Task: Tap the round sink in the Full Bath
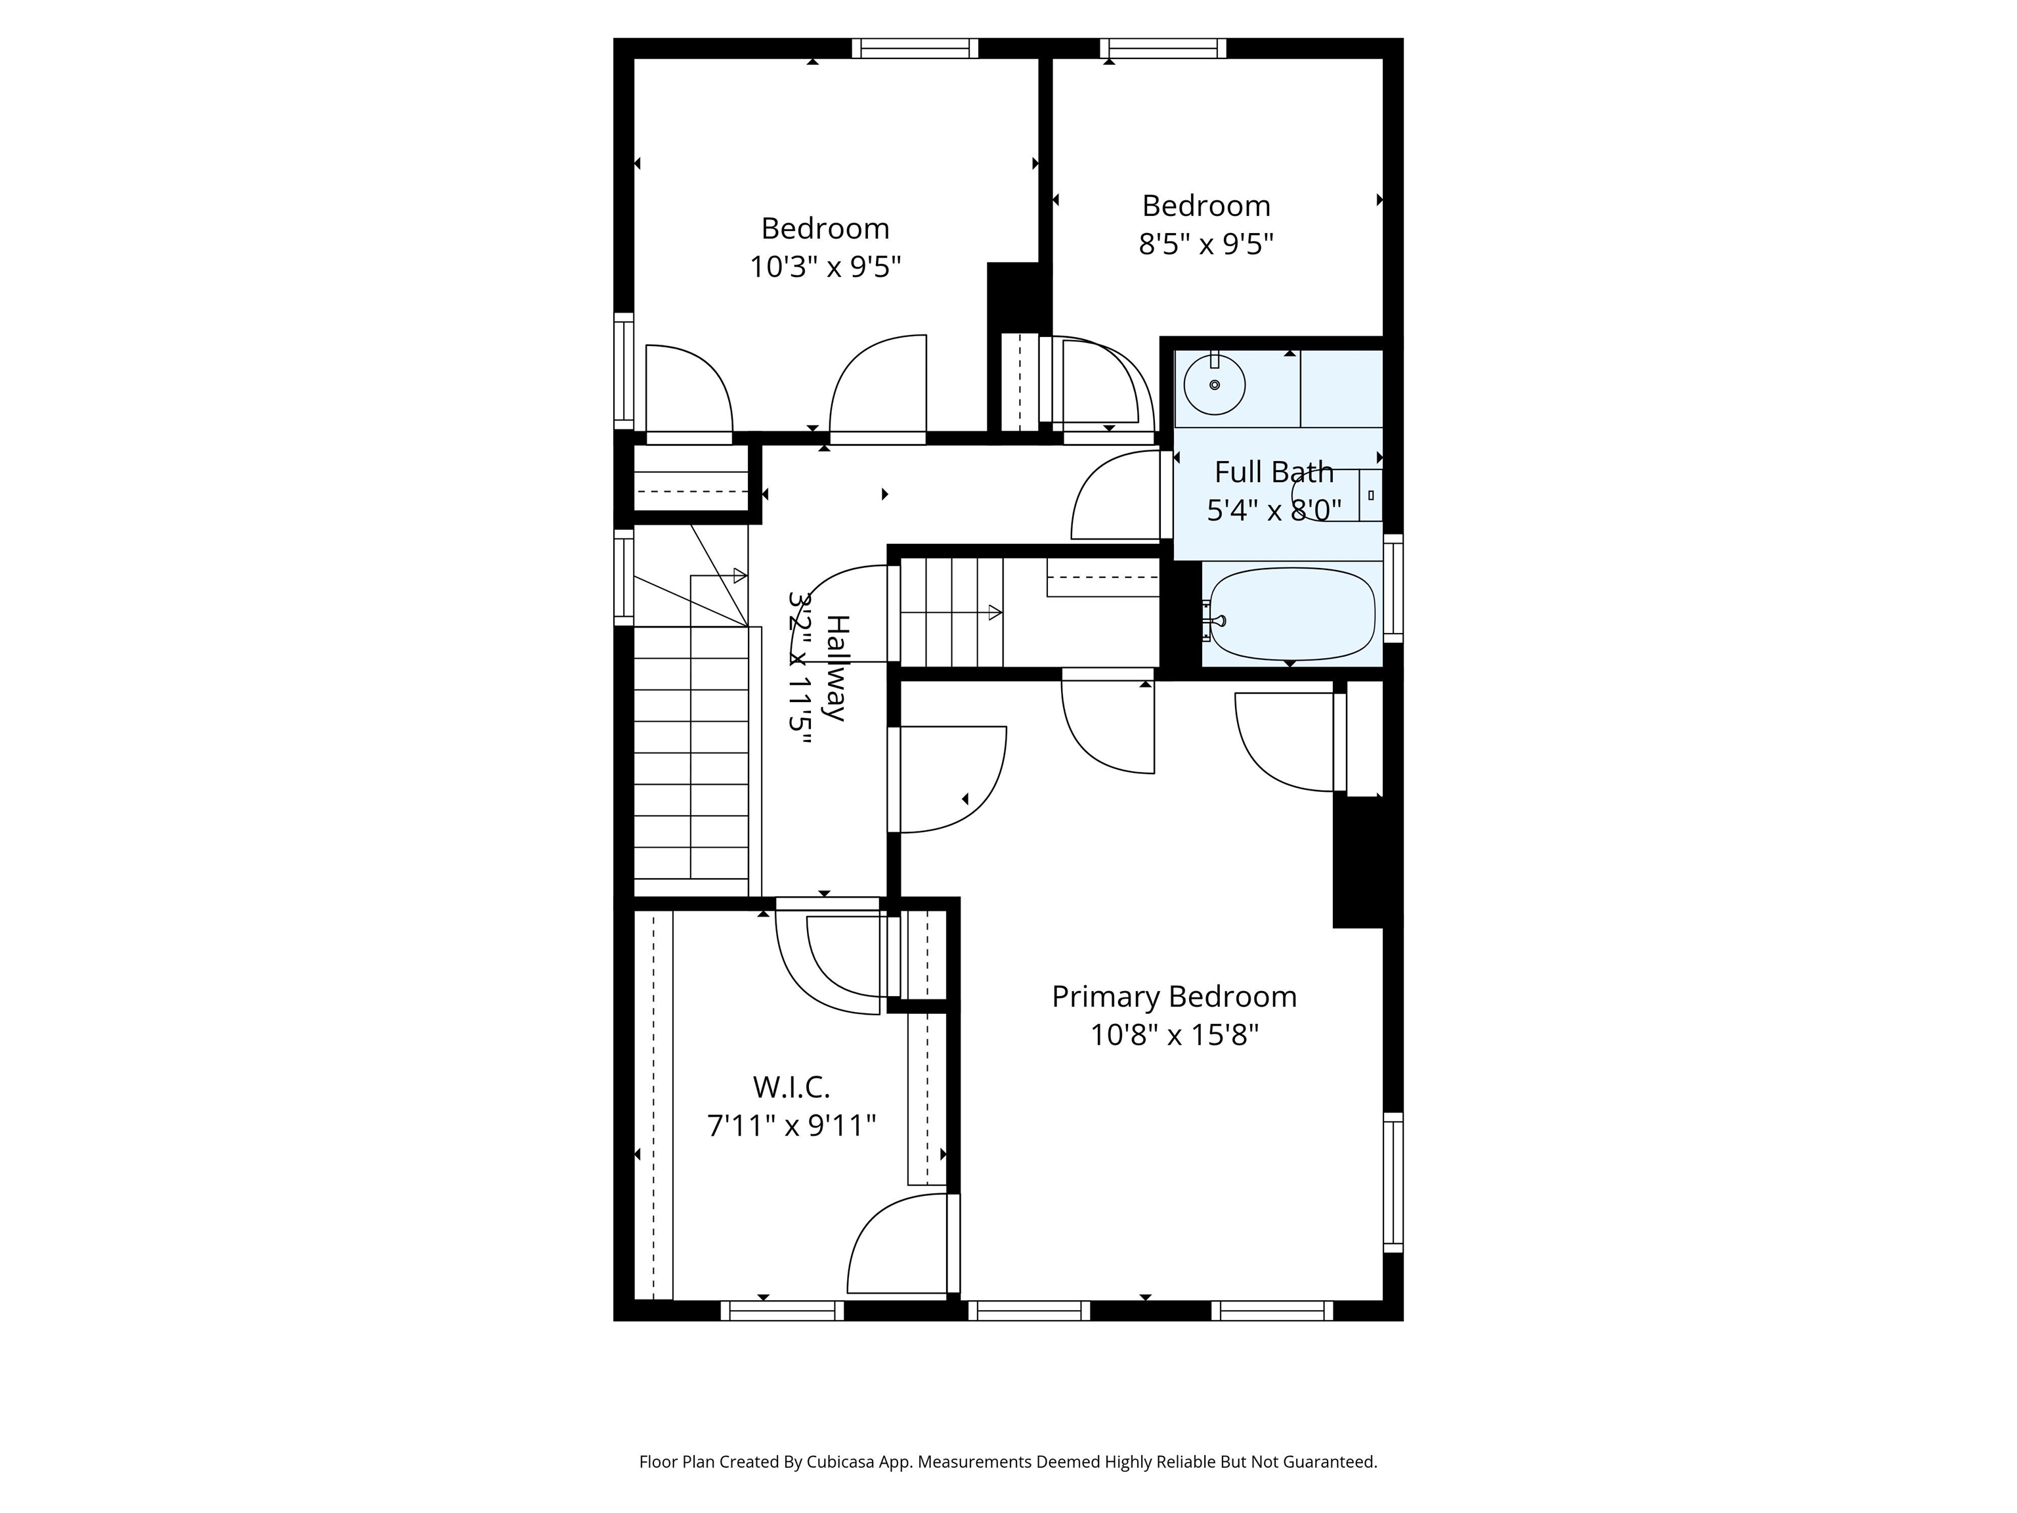1215,385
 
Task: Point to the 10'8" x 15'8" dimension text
1175,1035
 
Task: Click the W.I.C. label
791,1087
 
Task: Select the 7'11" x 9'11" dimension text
791,1126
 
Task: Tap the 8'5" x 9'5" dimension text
1205,244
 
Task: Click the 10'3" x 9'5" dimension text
825,267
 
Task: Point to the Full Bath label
1274,472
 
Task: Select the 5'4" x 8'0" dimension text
1274,511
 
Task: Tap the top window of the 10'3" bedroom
915,49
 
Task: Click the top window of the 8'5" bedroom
1163,49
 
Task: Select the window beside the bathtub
1393,588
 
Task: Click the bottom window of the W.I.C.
783,1311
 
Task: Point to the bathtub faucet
1213,621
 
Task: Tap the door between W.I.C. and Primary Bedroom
903,1244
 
